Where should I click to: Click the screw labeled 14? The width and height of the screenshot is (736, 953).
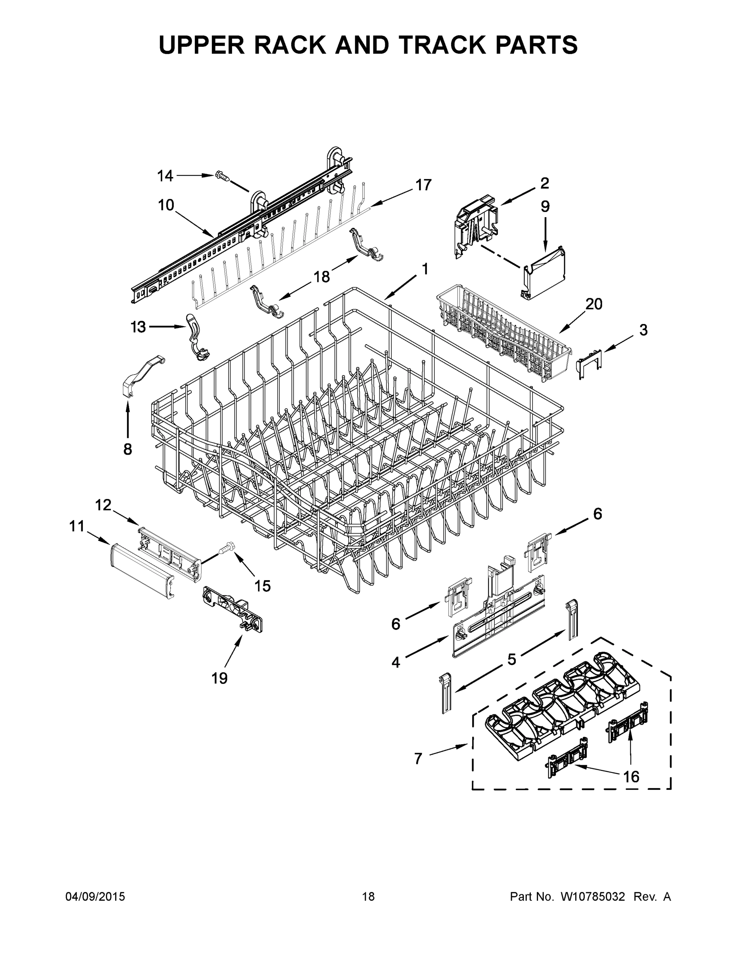click(x=222, y=176)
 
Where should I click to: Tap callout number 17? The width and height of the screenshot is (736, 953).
click(x=423, y=185)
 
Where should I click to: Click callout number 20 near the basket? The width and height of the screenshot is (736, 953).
click(x=594, y=304)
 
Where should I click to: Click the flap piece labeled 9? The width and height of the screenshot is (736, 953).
click(x=546, y=273)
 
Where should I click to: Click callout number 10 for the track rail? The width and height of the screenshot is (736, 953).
click(x=166, y=204)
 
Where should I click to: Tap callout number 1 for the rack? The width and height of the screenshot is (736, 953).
click(x=424, y=269)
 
